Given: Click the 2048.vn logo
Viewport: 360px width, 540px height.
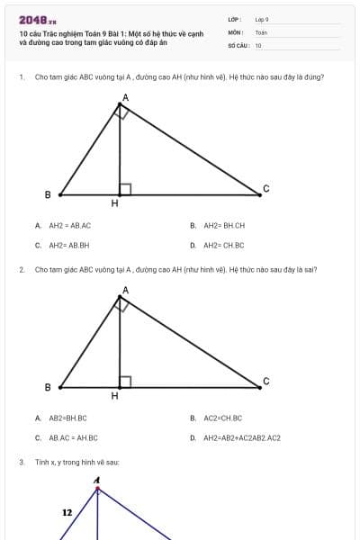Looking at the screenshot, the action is tap(37, 20).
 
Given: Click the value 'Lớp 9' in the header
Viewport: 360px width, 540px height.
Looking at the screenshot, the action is tap(262, 19).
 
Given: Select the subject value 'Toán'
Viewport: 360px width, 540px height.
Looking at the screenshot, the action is tap(261, 31).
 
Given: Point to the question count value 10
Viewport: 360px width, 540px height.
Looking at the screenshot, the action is tap(258, 44).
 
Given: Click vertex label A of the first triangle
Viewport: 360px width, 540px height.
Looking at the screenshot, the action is tap(125, 96).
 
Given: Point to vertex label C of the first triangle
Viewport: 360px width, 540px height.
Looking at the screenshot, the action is tap(265, 188).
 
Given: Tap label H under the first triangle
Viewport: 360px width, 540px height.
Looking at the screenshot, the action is tap(114, 204).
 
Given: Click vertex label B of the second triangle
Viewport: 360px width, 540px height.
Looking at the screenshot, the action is tap(48, 387).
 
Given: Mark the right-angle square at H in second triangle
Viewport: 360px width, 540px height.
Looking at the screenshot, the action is tap(125, 382).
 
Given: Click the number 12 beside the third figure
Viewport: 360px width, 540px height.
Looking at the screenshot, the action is tap(67, 512).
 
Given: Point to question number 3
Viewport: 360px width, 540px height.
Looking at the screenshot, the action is tap(21, 462).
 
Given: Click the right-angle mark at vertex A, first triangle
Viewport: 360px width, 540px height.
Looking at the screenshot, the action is tap(123, 112).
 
